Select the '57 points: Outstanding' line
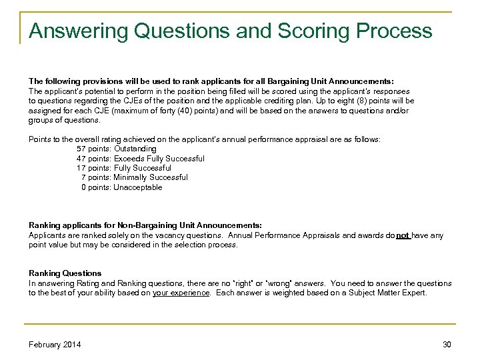(117, 149)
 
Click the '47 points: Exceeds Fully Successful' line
(141, 159)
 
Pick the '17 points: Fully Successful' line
(124, 168)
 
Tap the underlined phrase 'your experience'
(181, 293)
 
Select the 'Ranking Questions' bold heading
(65, 273)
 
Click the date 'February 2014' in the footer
(55, 345)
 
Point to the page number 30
(447, 345)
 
